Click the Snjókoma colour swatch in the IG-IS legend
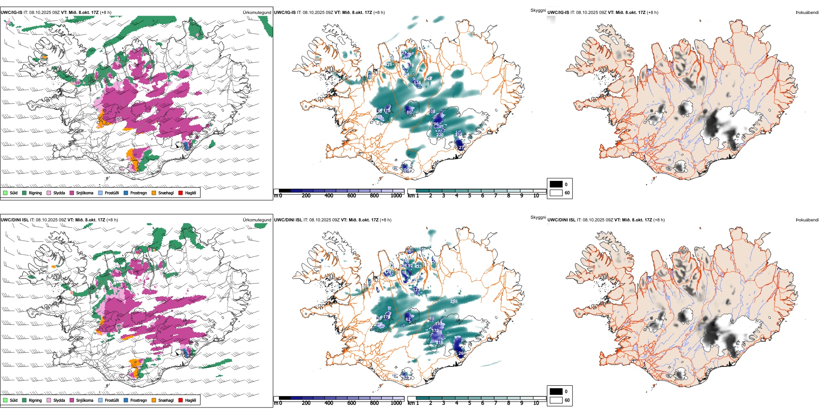pyautogui.click(x=72, y=193)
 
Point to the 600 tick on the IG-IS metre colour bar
pyautogui.click(x=352, y=196)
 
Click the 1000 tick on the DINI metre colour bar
pyautogui.click(x=396, y=403)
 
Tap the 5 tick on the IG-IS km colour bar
pyautogui.click(x=469, y=196)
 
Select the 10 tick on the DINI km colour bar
pyautogui.click(x=536, y=403)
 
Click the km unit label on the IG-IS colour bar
pyautogui.click(x=411, y=196)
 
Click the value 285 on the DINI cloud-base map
pyautogui.click(x=454, y=301)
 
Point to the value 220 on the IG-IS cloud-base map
pyautogui.click(x=440, y=135)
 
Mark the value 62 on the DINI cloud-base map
pyautogui.click(x=408, y=319)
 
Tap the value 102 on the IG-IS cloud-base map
pyautogui.click(x=432, y=112)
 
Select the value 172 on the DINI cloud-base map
pyautogui.click(x=435, y=331)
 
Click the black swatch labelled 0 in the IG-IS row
pyautogui.click(x=556, y=184)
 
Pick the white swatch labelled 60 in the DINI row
pyautogui.click(x=556, y=400)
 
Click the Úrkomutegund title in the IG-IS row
pyautogui.click(x=257, y=13)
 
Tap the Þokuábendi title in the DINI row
pyautogui.click(x=807, y=220)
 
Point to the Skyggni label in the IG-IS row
pyautogui.click(x=538, y=10)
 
